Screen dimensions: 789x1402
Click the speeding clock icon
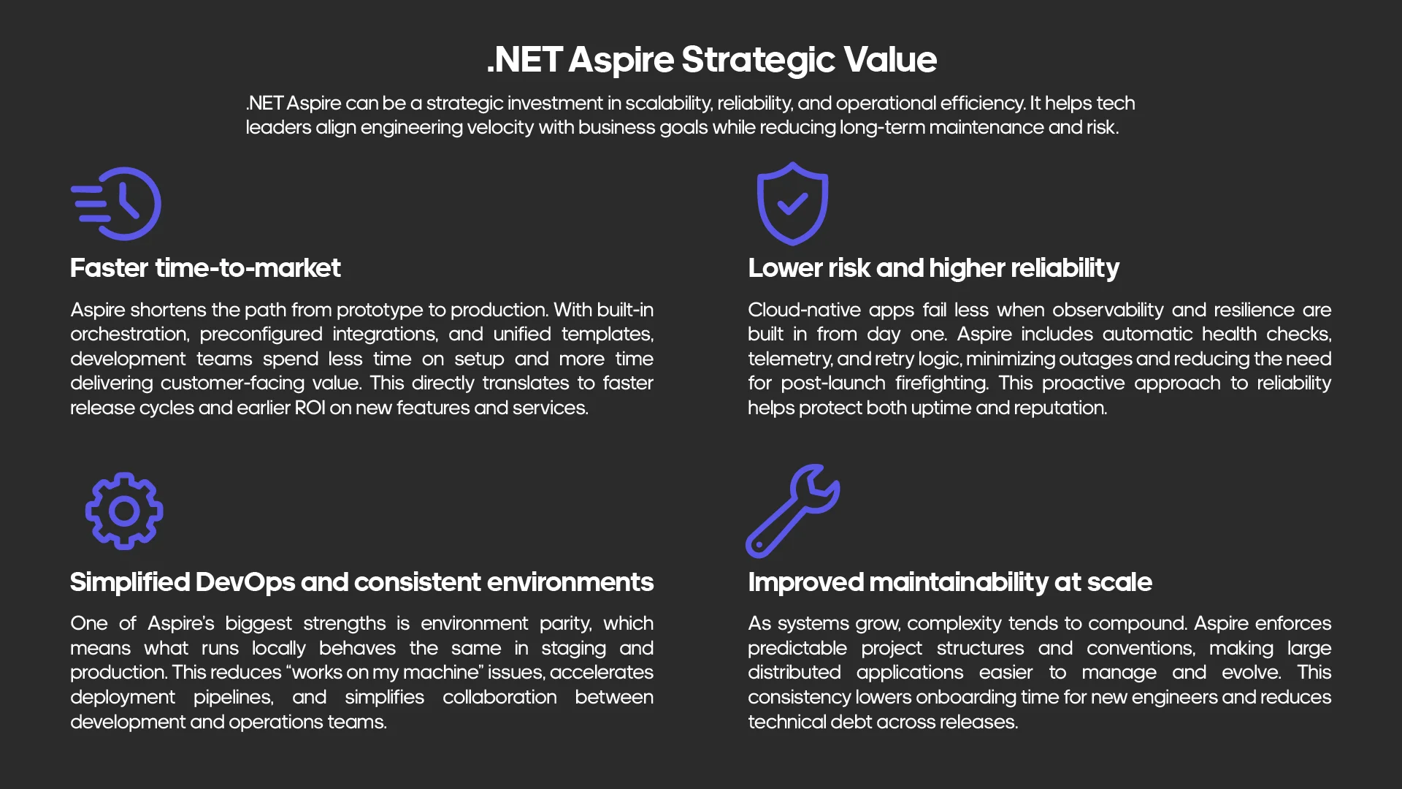[117, 204]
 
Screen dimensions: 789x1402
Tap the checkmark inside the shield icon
[792, 204]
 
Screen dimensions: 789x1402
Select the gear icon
[124, 511]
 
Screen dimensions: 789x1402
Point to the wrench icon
[792, 511]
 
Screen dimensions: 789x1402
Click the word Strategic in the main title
[757, 60]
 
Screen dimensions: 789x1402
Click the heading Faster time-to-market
[205, 268]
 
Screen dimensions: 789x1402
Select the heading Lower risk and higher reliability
[933, 268]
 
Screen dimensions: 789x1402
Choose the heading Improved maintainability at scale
[950, 582]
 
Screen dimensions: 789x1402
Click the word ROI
[310, 408]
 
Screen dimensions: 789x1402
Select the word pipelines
[233, 697]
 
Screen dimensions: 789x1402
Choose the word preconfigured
[261, 334]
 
